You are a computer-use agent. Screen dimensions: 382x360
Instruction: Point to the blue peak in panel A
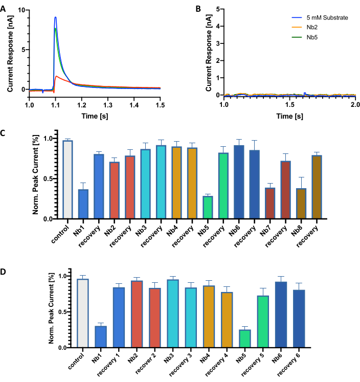coord(55,18)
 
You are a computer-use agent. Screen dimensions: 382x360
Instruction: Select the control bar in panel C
coord(67,179)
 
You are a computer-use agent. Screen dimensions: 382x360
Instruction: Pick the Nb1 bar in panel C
coord(83,204)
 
